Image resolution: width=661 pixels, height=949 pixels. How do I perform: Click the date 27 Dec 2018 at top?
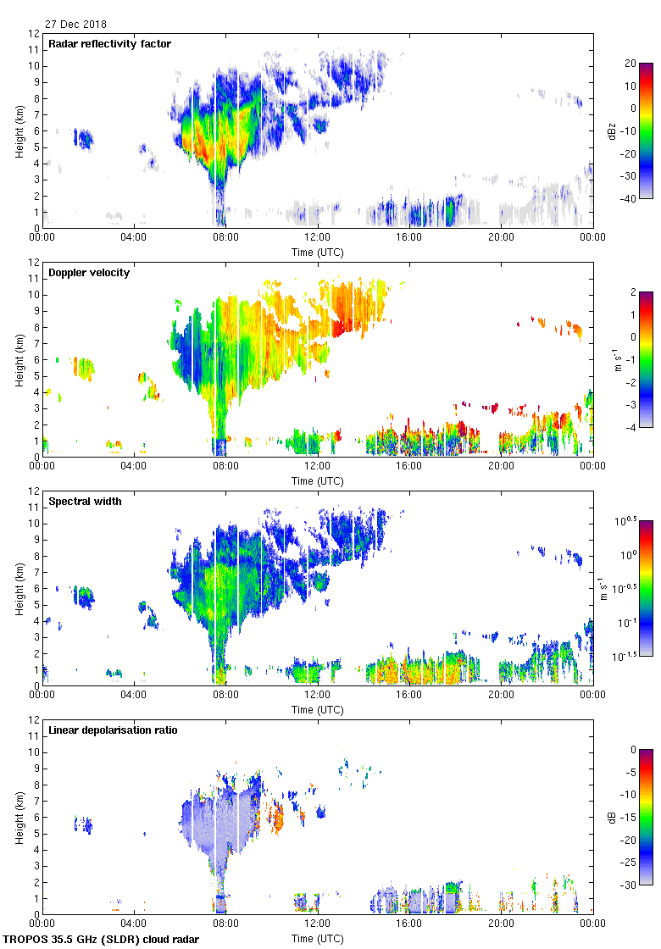76,25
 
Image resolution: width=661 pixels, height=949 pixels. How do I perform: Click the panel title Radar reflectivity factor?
110,43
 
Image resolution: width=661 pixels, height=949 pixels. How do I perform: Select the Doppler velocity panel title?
87,272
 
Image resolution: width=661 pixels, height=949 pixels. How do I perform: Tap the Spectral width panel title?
85,501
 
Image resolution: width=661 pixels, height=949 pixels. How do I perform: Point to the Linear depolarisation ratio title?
113,730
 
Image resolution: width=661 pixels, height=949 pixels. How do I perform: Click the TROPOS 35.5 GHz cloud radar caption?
102,939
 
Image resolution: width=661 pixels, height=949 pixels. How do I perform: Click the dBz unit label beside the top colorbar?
612,130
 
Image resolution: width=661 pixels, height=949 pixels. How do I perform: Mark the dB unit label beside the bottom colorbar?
612,817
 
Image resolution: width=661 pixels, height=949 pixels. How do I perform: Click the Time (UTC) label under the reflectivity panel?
318,252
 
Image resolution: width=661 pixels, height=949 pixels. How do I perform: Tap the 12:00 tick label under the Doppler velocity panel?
318,465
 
